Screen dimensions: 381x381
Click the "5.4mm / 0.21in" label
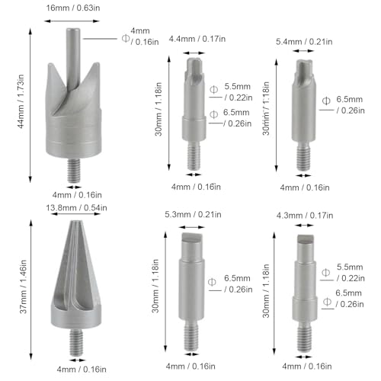click(x=306, y=38)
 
